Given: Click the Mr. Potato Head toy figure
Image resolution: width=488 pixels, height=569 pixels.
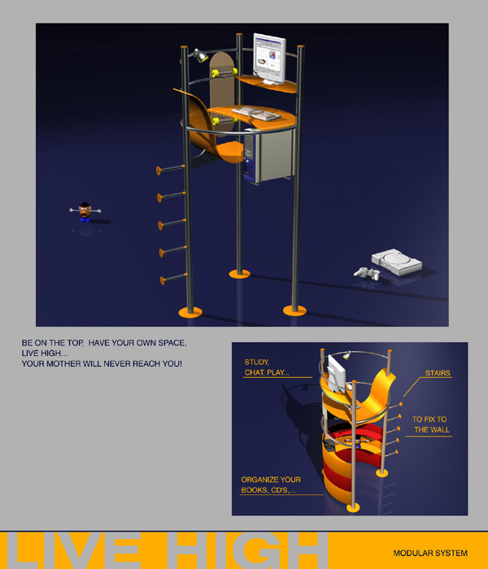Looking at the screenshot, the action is (85, 211).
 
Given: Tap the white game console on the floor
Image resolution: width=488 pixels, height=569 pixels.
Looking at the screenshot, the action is (397, 262).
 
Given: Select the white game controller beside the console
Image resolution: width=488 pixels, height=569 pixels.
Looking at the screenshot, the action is (367, 273).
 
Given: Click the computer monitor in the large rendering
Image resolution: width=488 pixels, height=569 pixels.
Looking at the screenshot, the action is (269, 59).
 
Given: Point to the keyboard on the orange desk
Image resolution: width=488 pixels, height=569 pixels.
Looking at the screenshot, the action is (256, 113).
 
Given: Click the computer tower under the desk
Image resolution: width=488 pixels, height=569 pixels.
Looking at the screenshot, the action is (268, 155).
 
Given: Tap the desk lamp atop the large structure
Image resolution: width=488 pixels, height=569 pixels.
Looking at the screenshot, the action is (198, 55).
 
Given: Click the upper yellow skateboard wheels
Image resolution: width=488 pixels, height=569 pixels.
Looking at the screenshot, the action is (223, 72).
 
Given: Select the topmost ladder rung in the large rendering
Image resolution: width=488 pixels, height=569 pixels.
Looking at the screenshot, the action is (171, 169).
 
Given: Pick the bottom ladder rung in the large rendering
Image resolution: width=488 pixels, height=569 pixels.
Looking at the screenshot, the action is (173, 278).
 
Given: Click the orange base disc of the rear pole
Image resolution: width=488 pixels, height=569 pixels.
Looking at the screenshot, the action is (240, 274).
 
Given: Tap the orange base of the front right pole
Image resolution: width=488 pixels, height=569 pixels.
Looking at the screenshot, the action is (294, 311).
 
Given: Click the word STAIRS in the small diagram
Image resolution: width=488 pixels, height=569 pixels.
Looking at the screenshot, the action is (438, 373).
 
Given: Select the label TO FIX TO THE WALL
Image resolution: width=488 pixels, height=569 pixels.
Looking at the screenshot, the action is (431, 424).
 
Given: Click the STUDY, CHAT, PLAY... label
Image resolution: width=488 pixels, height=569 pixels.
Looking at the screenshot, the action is (267, 367).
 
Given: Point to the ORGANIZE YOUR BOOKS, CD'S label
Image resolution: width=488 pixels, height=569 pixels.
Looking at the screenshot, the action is (271, 484).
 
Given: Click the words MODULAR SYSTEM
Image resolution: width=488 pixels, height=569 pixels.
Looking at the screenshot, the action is (430, 553).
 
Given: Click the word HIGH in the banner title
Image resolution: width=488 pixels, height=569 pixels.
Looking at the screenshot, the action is (247, 549).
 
